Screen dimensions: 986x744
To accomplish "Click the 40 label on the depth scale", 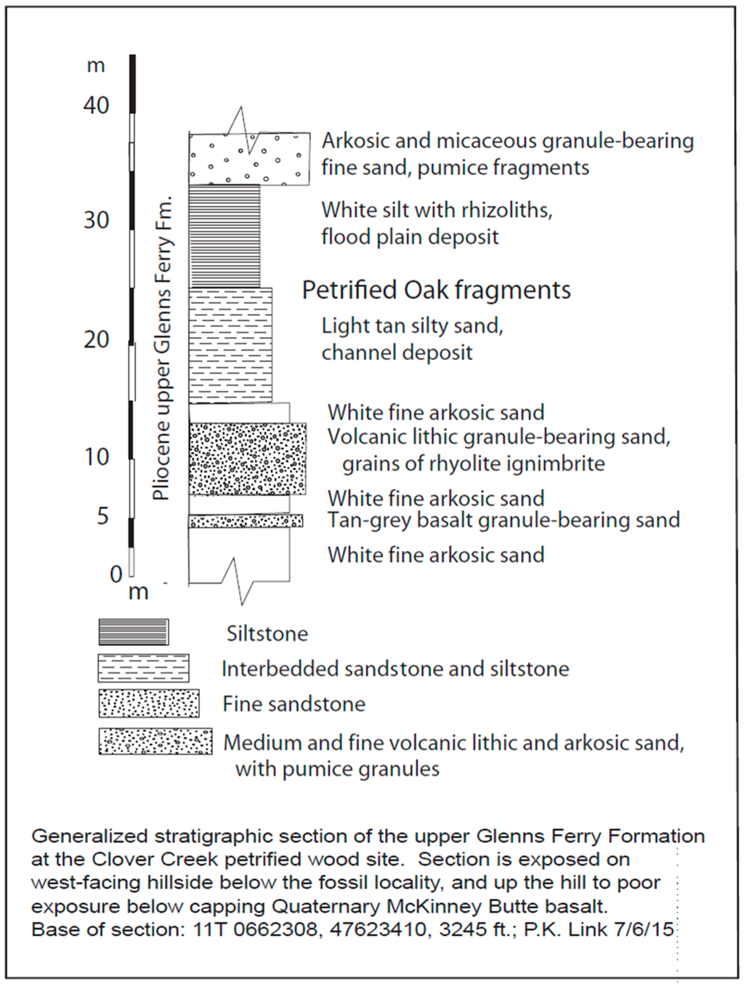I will [x=96, y=105].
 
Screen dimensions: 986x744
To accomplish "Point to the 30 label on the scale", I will [x=96, y=220].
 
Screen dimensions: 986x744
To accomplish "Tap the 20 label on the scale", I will [x=96, y=339].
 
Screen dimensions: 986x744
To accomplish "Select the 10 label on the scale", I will [x=96, y=457].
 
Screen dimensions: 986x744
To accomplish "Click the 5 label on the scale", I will [x=102, y=516].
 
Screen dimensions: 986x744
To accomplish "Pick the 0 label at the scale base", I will [x=116, y=574].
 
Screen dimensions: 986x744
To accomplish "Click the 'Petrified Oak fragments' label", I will [x=436, y=290].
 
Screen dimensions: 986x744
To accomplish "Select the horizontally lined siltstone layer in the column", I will [x=224, y=236].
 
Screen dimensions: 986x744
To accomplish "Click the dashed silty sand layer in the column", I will [x=230, y=346].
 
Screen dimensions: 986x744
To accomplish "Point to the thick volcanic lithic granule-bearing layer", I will [x=247, y=459].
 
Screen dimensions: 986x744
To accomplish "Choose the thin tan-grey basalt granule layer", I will [x=246, y=521].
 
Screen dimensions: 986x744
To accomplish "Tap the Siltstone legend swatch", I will [x=134, y=632].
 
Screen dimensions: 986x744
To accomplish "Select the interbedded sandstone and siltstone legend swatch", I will [x=143, y=668].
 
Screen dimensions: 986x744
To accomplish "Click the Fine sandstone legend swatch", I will [x=149, y=704].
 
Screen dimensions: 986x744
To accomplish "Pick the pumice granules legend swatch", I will [x=155, y=741].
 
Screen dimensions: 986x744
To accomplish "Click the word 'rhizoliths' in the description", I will [x=506, y=210].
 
